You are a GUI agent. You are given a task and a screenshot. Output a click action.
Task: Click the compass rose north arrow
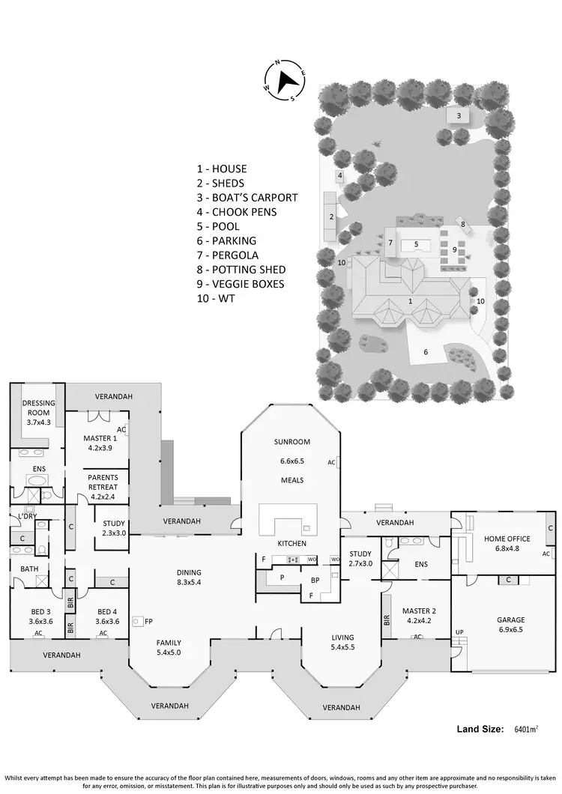[x=285, y=79]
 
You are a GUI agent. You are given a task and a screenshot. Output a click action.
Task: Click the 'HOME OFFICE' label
[x=507, y=539]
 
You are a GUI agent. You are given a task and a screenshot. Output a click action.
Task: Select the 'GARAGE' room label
[x=510, y=620]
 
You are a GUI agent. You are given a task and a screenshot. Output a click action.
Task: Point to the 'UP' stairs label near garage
[x=459, y=632]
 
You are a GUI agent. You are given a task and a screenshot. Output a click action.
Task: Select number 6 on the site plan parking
[x=426, y=351]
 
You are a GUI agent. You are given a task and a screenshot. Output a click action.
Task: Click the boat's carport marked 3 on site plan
[x=459, y=115]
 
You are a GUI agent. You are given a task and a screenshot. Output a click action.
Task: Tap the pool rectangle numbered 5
[x=416, y=243]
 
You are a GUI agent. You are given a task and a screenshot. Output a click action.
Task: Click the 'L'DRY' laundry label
[x=28, y=516]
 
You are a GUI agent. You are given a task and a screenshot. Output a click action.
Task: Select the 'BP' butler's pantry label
[x=315, y=580]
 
